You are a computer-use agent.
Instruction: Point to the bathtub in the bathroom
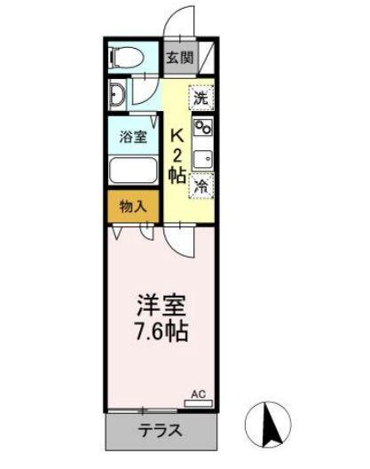pyautogui.click(x=132, y=170)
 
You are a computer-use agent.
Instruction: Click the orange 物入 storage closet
pyautogui.click(x=132, y=206)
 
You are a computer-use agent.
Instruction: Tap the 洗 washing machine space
pyautogui.click(x=201, y=97)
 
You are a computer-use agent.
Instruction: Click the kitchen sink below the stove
pyautogui.click(x=203, y=157)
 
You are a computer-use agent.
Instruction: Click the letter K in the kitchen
pyautogui.click(x=177, y=135)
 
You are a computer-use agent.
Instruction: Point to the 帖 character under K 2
pyautogui.click(x=177, y=175)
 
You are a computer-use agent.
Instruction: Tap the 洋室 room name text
pyautogui.click(x=161, y=305)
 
